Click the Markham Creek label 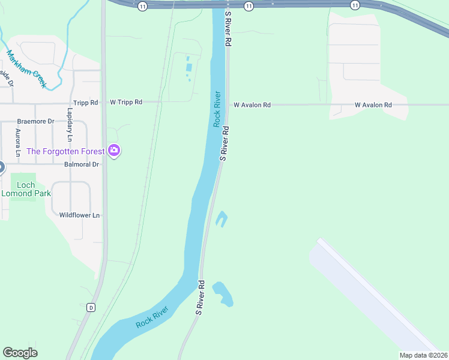click(x=26, y=69)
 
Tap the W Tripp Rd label click(x=126, y=103)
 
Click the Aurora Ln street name click(x=18, y=143)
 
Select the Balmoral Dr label click(x=79, y=164)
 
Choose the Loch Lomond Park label click(x=26, y=189)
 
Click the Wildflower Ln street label click(x=79, y=215)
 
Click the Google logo click(x=20, y=353)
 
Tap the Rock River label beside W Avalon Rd click(x=218, y=109)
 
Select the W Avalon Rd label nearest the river click(x=252, y=105)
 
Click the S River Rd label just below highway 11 click(x=228, y=29)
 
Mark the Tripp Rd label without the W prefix click(x=85, y=103)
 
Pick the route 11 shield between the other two click(x=249, y=5)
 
